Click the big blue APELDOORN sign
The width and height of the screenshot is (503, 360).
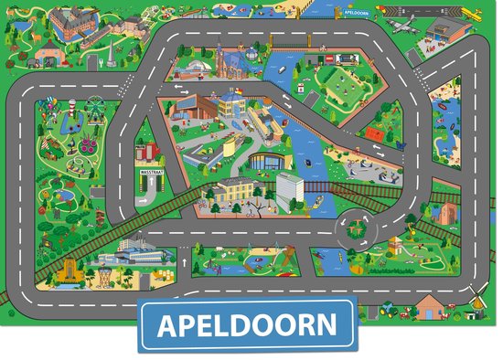tap(247, 324)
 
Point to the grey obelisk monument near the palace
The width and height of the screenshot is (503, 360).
tap(111, 52)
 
